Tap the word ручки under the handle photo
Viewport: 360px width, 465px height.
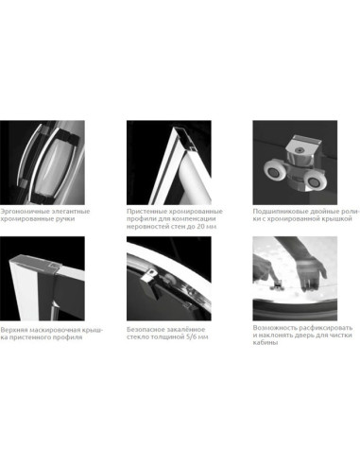click(x=65, y=218)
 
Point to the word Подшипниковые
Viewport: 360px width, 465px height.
click(x=275, y=211)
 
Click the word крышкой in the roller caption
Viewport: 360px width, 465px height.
click(x=339, y=218)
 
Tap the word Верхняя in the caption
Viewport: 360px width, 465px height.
click(x=13, y=330)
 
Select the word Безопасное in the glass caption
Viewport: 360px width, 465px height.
click(x=144, y=330)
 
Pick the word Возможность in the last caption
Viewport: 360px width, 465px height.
click(x=271, y=328)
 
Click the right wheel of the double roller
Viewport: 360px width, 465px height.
click(x=314, y=182)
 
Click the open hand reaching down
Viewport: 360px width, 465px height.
click(x=310, y=273)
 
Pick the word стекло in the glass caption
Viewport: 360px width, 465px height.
click(x=136, y=337)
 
